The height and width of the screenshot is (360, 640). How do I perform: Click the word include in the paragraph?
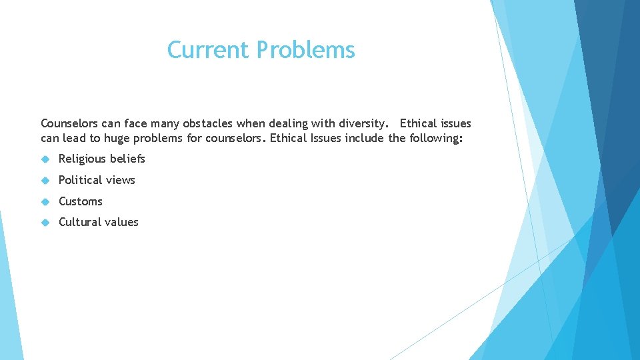click(x=365, y=138)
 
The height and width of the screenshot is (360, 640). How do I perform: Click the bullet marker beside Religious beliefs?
click(x=45, y=159)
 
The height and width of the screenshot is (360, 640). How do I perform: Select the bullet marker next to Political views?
click(x=45, y=180)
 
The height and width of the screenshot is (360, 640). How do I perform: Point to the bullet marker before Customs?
click(x=45, y=201)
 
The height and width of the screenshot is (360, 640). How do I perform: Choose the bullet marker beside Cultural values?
click(x=45, y=222)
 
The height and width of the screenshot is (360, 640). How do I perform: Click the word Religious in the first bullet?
click(x=83, y=159)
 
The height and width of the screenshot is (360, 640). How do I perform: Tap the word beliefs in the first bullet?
click(x=127, y=159)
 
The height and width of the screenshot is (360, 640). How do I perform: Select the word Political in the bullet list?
click(x=80, y=180)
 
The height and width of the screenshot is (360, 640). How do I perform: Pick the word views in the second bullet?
click(x=120, y=180)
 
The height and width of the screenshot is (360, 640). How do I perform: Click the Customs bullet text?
click(x=81, y=201)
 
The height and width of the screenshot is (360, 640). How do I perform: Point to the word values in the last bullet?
click(x=123, y=222)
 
